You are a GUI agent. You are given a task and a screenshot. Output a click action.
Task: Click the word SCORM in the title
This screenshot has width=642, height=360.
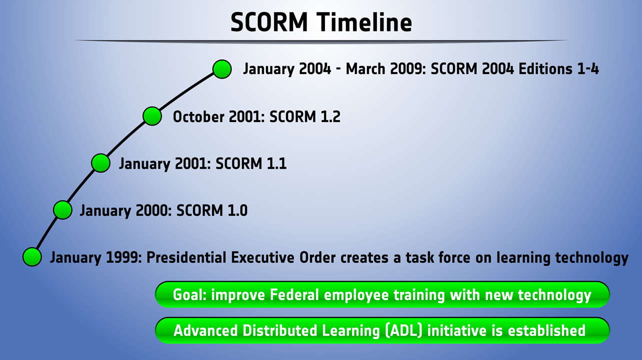pyautogui.click(x=269, y=22)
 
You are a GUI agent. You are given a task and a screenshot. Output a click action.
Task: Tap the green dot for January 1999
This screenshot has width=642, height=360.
pyautogui.click(x=32, y=257)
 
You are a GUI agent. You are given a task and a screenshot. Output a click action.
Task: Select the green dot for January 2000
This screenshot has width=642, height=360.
pyautogui.click(x=63, y=210)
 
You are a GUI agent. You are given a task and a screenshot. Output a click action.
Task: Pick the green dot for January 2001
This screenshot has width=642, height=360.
pyautogui.click(x=100, y=163)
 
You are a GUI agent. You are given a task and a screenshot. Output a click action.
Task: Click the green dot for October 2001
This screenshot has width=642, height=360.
pyautogui.click(x=152, y=116)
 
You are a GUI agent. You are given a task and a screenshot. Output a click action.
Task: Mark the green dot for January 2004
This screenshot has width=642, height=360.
pyautogui.click(x=222, y=69)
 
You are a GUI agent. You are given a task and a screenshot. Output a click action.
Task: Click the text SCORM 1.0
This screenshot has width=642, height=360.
pyautogui.click(x=212, y=210)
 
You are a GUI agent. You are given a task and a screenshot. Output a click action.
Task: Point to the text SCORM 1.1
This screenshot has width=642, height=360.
pyautogui.click(x=251, y=163)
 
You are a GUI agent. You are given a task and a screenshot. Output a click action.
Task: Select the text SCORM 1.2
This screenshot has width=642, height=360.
pyautogui.click(x=305, y=116)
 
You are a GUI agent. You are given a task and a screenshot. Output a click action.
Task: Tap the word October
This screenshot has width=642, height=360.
pyautogui.click(x=198, y=116)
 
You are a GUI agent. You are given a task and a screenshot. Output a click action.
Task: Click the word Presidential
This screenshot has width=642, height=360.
pyautogui.click(x=186, y=257)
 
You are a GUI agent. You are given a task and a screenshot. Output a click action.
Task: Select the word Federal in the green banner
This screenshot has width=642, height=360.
pyautogui.click(x=294, y=295)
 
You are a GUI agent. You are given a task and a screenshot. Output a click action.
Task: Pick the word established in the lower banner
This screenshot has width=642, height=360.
pyautogui.click(x=546, y=330)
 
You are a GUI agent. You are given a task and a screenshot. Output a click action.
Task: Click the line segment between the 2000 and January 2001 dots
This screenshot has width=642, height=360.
pyautogui.click(x=81, y=186)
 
